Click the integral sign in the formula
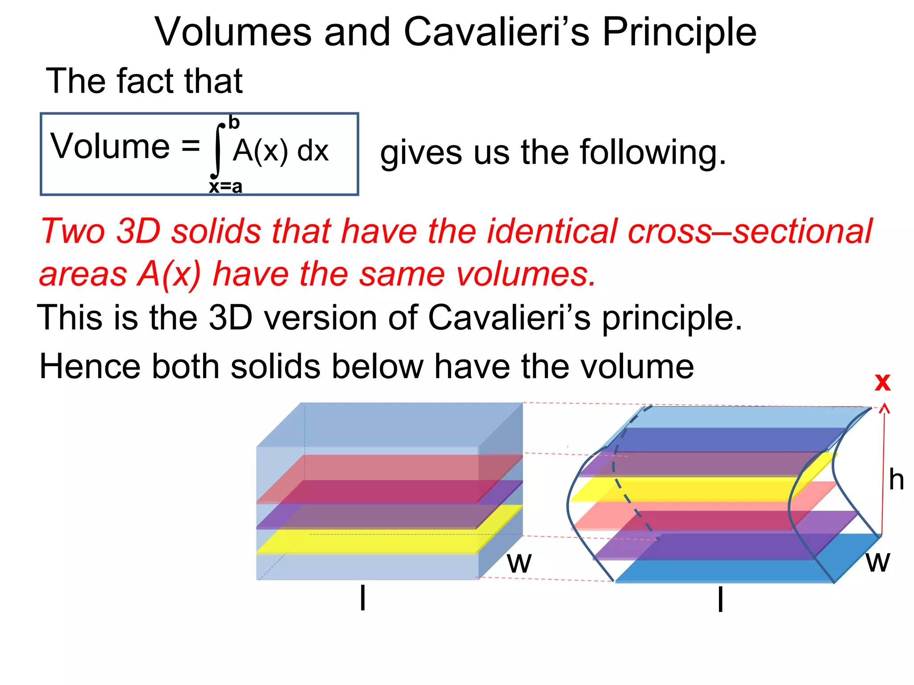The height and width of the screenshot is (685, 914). pyautogui.click(x=217, y=151)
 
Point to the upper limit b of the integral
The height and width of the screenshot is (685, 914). pyautogui.click(x=234, y=122)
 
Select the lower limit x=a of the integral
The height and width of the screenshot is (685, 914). pyautogui.click(x=226, y=186)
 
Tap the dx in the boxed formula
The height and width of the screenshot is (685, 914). pyautogui.click(x=313, y=151)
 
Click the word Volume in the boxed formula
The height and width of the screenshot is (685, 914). pyautogui.click(x=110, y=146)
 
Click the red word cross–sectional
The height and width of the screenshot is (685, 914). pyautogui.click(x=750, y=231)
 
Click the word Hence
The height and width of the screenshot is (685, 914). pyautogui.click(x=89, y=367)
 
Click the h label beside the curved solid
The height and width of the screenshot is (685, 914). pyautogui.click(x=896, y=480)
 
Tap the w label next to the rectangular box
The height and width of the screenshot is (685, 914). pyautogui.click(x=519, y=563)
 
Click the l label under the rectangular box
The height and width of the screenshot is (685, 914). pyautogui.click(x=363, y=598)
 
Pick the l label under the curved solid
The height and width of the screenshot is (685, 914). pyautogui.click(x=720, y=599)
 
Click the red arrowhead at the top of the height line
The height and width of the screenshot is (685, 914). pyautogui.click(x=885, y=408)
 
